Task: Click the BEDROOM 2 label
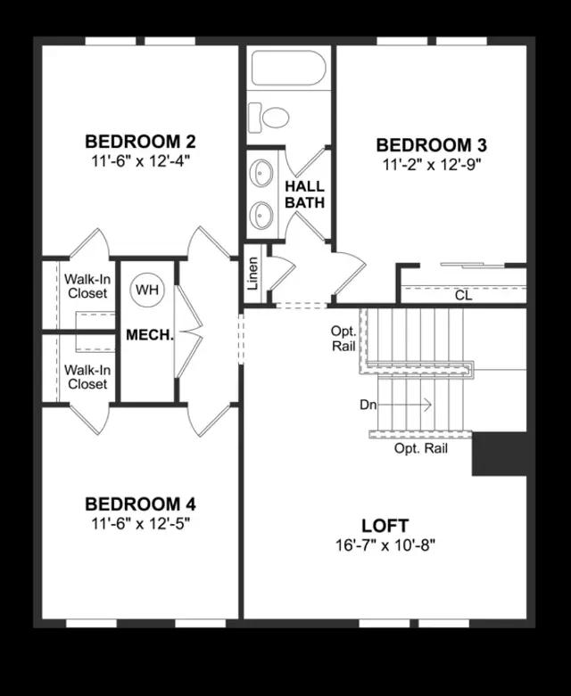(140, 141)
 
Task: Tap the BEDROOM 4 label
(140, 504)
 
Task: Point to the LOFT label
(385, 525)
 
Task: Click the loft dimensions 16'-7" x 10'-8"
(385, 544)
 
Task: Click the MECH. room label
(149, 335)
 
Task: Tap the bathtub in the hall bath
(288, 68)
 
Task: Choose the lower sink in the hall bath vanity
(262, 214)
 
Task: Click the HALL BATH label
(304, 194)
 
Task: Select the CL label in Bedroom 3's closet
(462, 295)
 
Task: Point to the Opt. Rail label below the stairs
(421, 448)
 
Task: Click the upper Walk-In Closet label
(86, 285)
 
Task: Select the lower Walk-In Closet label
(86, 377)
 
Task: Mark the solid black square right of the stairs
(501, 454)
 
